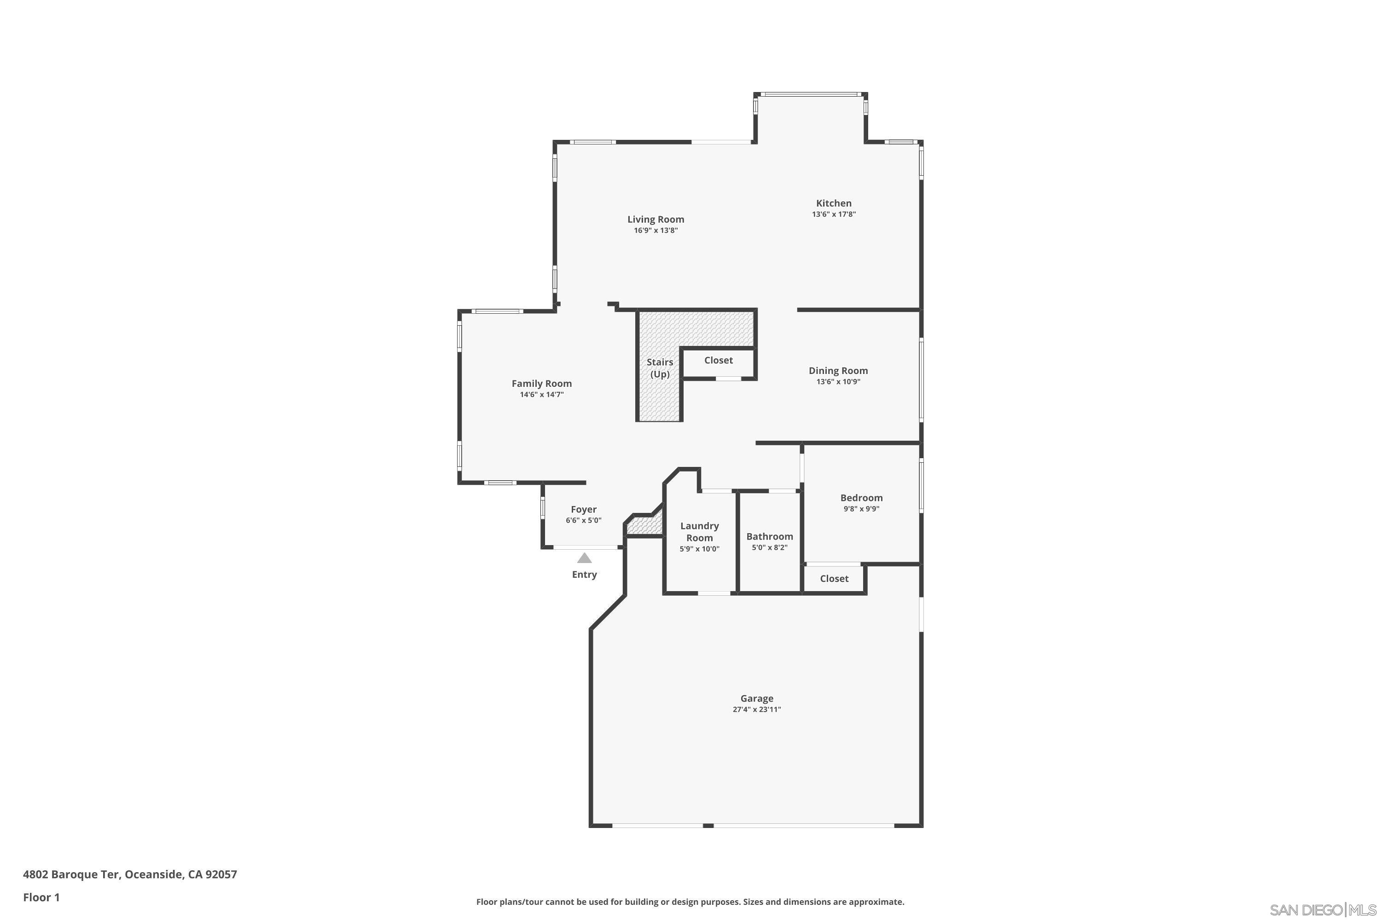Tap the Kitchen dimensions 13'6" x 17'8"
coord(833,215)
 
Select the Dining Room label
coord(838,371)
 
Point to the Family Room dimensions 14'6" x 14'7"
coord(541,395)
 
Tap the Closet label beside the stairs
coord(718,360)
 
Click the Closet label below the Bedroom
coord(834,579)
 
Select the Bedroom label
coord(861,498)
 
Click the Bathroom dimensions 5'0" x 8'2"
coord(769,548)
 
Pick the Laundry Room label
coord(699,532)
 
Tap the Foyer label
coord(583,510)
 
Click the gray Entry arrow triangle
coord(584,558)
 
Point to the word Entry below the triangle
coord(584,575)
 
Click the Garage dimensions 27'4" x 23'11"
coord(756,709)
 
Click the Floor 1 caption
coord(41,897)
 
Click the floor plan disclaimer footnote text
coord(690,902)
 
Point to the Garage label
coord(756,698)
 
